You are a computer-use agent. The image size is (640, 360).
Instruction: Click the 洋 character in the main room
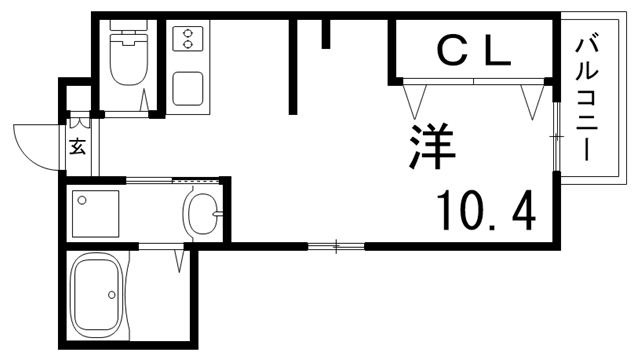[432, 147]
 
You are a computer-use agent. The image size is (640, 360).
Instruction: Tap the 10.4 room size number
[485, 209]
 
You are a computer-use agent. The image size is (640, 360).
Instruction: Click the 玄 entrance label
[78, 147]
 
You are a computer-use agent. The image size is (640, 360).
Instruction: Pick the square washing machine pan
[95, 212]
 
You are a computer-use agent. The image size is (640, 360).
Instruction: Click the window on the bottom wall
[336, 245]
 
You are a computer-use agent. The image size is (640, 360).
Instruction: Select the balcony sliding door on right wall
[556, 134]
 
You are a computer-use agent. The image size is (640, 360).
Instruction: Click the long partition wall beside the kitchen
[294, 66]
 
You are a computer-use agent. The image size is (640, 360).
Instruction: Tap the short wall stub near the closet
[326, 33]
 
